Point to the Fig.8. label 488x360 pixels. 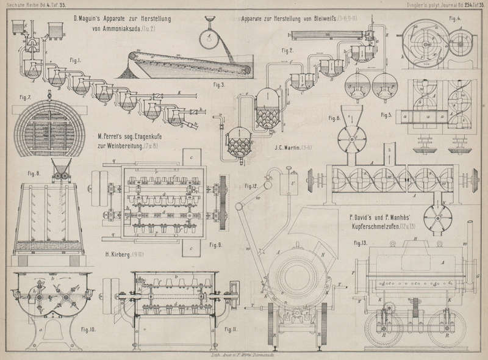click(29, 173)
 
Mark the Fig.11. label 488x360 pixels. click(229, 329)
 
